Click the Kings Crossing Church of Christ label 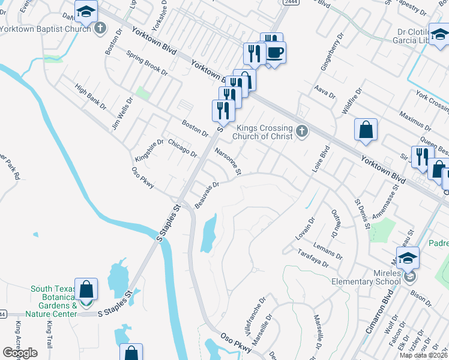coord(264,132)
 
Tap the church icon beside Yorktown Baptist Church coord(100,28)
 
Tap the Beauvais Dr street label coord(206,196)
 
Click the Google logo coord(20,353)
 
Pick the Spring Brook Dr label coord(147,62)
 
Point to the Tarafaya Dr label coord(313,257)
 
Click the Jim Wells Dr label coord(121,114)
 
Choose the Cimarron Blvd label coord(391,310)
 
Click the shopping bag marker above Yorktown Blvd coord(366,130)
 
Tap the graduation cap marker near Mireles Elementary coord(408,258)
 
